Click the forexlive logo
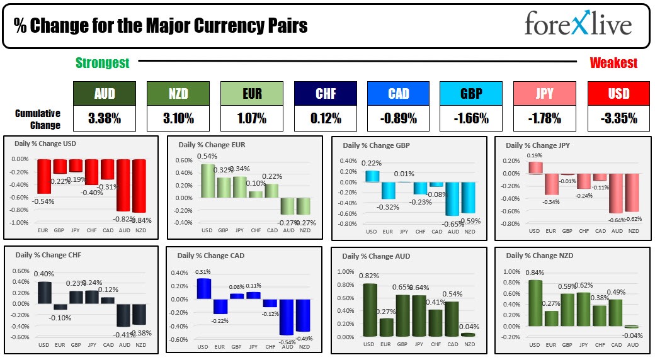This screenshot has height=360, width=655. point(578,25)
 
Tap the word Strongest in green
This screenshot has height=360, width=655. point(103,63)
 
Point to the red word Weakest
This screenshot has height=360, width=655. point(613,63)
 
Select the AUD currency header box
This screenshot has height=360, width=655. point(104,94)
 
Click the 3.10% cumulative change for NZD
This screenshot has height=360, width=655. point(177,118)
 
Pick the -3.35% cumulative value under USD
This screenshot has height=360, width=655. point(617,118)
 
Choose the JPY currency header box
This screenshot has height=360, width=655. point(544,94)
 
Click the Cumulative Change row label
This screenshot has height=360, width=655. point(38,119)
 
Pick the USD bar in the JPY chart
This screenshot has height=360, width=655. point(535,167)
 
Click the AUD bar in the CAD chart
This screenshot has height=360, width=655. point(287,317)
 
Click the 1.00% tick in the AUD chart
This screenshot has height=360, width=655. point(345,271)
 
